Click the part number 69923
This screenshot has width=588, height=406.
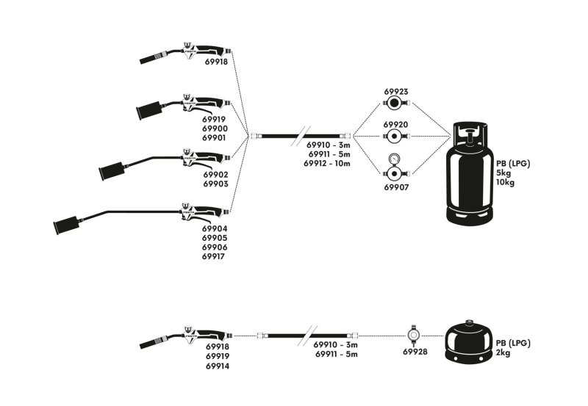click(396, 92)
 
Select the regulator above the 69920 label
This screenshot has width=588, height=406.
click(396, 136)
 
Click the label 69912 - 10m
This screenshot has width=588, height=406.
click(327, 164)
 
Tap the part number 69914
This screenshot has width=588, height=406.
click(217, 366)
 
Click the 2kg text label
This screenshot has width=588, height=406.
click(503, 353)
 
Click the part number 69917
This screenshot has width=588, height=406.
click(215, 257)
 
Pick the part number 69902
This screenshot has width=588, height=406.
click(215, 175)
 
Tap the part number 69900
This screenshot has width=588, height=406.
click(215, 128)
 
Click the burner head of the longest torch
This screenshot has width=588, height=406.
click(65, 224)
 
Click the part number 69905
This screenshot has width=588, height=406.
click(215, 238)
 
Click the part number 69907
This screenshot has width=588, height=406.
click(396, 188)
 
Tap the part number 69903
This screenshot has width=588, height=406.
click(215, 184)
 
